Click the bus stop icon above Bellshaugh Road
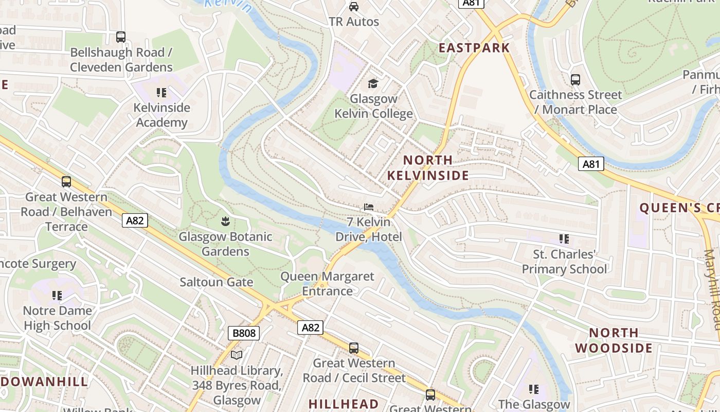(x=121, y=37)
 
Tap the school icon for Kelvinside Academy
(x=161, y=93)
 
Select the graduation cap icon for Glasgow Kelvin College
(x=373, y=83)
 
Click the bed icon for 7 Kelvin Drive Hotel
(x=368, y=208)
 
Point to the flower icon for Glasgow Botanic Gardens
(x=225, y=222)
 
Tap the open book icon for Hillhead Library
(x=237, y=355)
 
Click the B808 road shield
(x=244, y=333)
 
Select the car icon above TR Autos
(x=354, y=7)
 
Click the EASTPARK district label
(x=474, y=48)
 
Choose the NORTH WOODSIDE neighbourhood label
(x=614, y=340)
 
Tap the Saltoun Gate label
(x=216, y=282)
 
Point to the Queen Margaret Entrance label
(x=327, y=284)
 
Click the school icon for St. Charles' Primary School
(x=564, y=239)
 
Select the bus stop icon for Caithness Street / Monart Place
(x=575, y=80)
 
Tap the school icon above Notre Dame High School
(x=57, y=296)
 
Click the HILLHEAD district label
(x=343, y=404)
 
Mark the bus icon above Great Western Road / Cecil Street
(x=354, y=348)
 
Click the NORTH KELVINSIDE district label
(x=428, y=168)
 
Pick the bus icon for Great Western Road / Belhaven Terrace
(x=66, y=182)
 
